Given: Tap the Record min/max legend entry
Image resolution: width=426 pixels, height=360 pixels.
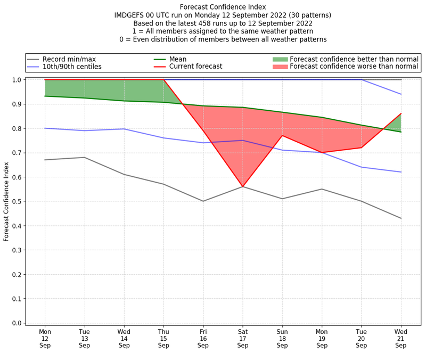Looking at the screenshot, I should click(x=69, y=59).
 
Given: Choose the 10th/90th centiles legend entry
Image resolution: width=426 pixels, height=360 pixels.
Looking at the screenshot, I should click(x=72, y=67).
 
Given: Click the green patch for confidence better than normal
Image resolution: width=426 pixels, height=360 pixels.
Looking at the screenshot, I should click(x=280, y=59).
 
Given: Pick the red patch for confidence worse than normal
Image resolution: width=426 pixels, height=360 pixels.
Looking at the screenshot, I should click(x=280, y=67).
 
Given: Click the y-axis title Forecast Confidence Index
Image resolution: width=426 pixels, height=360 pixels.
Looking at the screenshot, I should click(x=6, y=201).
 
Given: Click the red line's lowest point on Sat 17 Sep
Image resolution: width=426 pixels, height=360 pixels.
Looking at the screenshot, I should click(x=243, y=187).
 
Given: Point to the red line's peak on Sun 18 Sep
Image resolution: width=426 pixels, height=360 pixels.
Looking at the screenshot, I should click(x=282, y=135).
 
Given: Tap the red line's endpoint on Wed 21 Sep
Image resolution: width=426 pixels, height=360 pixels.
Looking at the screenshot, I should click(x=401, y=113).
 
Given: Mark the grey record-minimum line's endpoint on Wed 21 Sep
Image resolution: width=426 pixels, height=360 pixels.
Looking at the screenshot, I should click(x=401, y=218).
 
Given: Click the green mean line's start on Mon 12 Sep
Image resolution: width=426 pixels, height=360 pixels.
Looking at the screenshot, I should click(x=45, y=96).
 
